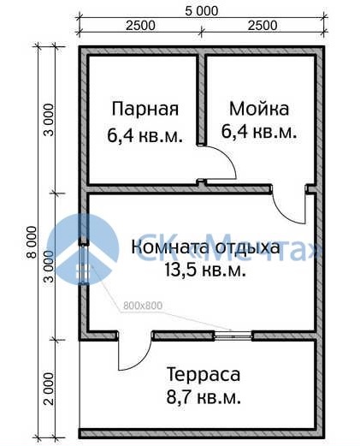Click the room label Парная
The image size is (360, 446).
point(145,110)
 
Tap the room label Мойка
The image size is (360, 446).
point(259,109)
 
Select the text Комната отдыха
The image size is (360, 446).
point(205,247)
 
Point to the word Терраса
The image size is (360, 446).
point(204,375)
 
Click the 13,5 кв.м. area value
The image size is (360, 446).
point(205,270)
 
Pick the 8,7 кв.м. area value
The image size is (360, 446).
point(204,397)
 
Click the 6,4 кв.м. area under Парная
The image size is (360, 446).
point(145,135)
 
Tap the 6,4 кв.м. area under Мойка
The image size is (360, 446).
point(259,132)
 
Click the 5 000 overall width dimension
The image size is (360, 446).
point(202,11)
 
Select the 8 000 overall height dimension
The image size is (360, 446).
point(32,242)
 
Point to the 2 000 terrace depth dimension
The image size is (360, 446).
point(49,389)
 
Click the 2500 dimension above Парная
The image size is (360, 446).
point(141,26)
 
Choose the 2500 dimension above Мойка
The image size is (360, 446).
point(263,26)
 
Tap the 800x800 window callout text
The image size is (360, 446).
point(143,306)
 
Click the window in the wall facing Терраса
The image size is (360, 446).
point(233,336)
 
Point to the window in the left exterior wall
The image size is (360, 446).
point(84,265)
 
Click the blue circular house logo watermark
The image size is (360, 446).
point(82,250)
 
